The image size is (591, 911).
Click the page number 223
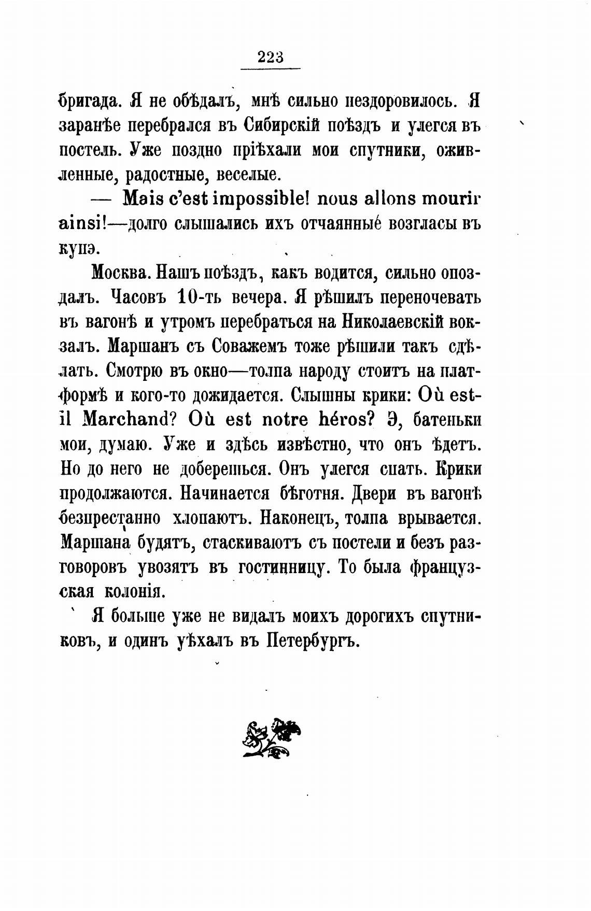(x=271, y=56)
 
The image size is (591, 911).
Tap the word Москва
(x=120, y=273)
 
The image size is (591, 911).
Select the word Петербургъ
(x=313, y=641)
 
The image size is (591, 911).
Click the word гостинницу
(x=283, y=567)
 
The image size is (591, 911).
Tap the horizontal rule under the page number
(x=271, y=68)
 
